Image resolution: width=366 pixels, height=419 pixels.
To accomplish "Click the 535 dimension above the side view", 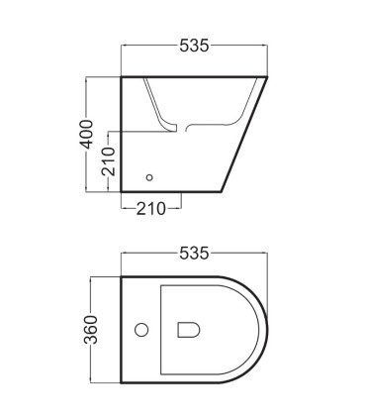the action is tap(194, 46).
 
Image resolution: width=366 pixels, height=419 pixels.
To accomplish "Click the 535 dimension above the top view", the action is tap(194, 254).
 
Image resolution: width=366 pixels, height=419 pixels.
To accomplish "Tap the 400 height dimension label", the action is tap(87, 134).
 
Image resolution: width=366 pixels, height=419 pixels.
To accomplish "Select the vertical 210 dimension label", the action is tap(109, 161).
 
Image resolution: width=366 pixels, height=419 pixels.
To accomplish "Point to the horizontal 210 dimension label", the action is tap(150, 209).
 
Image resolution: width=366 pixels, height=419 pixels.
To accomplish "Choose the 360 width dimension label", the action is tap(91, 330).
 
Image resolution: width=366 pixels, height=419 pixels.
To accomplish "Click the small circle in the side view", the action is tap(149, 177).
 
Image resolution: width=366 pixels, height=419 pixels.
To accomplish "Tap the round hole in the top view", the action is tap(141, 330).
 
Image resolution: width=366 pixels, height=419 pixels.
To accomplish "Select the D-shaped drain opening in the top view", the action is tap(189, 330).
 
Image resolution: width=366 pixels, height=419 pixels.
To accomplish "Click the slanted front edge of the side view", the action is tap(244, 134).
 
